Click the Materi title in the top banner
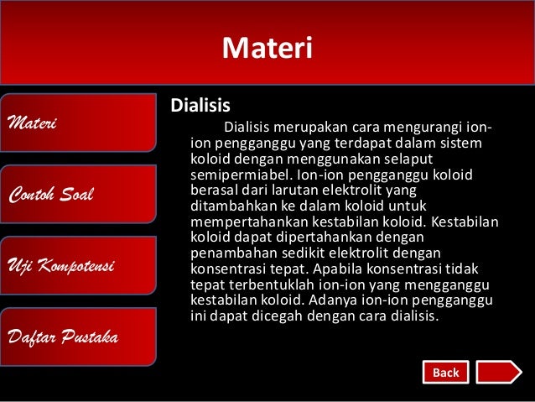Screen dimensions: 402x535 point(267,48)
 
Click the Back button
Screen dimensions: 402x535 point(445,372)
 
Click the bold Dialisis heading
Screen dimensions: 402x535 point(200,107)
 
